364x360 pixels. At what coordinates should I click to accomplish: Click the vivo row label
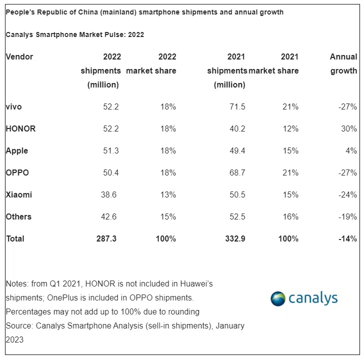(14, 106)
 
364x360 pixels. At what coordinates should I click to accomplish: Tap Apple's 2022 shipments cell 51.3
(109, 150)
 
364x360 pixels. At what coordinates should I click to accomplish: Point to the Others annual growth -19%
(346, 216)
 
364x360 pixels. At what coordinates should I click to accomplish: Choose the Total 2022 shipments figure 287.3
(106, 238)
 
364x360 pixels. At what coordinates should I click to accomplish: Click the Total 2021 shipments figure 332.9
(235, 238)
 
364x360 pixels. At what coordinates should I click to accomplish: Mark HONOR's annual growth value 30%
(348, 128)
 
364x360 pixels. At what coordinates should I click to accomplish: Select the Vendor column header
(19, 56)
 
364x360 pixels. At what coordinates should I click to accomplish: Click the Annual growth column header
(343, 63)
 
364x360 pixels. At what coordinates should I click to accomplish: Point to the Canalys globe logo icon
(277, 298)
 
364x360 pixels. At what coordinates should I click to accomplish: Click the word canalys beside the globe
(313, 298)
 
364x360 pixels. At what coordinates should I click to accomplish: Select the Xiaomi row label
(19, 194)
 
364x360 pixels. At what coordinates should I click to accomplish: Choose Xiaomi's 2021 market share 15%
(290, 194)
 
